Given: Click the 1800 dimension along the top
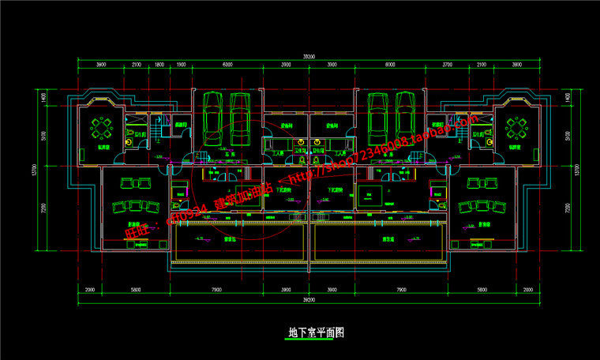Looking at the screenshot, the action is (159, 65).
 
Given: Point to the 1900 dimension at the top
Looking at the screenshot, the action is (181, 65).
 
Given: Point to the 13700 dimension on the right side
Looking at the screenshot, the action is (579, 170).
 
